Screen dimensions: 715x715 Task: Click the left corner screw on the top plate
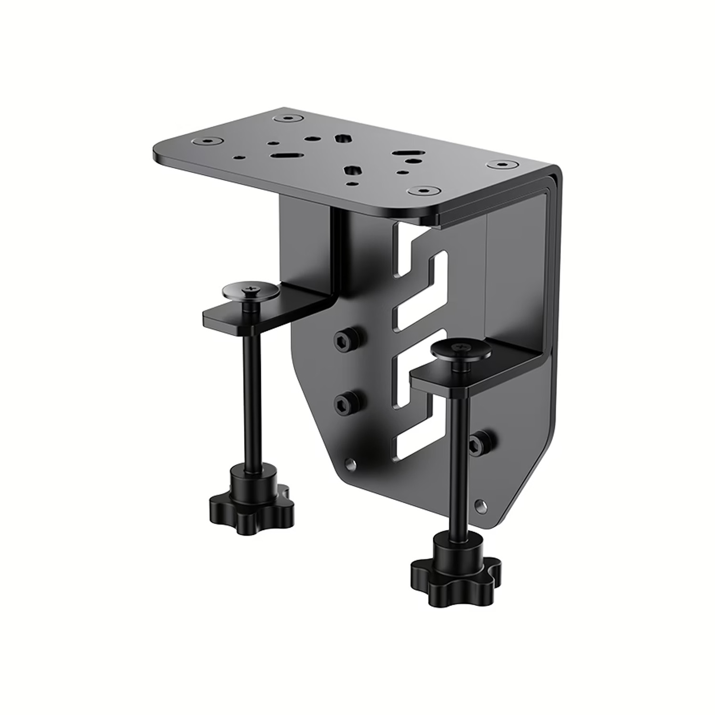[205, 141]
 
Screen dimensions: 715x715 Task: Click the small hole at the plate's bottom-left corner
[351, 463]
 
